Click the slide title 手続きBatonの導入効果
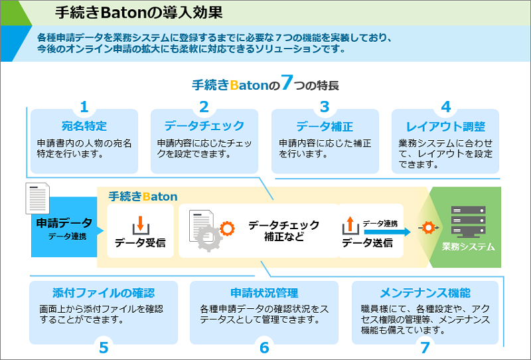pos(139,12)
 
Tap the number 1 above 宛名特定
pos(84,107)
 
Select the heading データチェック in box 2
pos(204,126)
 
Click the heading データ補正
pos(325,126)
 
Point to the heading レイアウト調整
pos(445,126)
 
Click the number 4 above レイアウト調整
pos(445,107)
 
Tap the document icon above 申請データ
pos(38,199)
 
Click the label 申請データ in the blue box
pos(64,223)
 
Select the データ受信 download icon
pos(139,225)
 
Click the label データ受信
pos(140,242)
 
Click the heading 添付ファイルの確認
pos(104,293)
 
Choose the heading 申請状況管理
pos(264,293)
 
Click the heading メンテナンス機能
pos(425,293)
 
